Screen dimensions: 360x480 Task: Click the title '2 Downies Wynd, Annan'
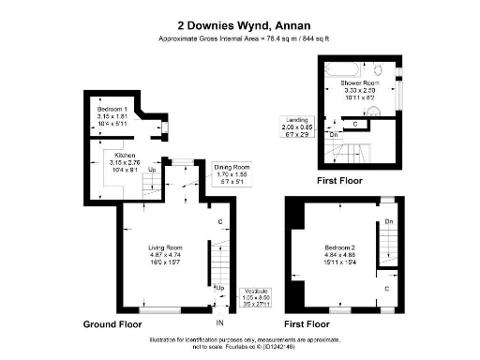click(x=239, y=26)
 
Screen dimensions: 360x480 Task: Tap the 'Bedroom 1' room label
click(x=112, y=110)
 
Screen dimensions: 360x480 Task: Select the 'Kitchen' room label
click(x=127, y=155)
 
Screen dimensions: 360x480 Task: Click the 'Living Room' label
click(x=164, y=247)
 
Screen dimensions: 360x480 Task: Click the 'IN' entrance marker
click(x=219, y=323)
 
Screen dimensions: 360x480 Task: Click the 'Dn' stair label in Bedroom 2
click(x=387, y=222)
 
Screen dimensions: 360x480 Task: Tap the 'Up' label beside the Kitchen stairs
click(x=152, y=171)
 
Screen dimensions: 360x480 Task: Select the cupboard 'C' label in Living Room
click(x=219, y=222)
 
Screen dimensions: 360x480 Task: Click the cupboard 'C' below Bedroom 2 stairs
click(x=387, y=289)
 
